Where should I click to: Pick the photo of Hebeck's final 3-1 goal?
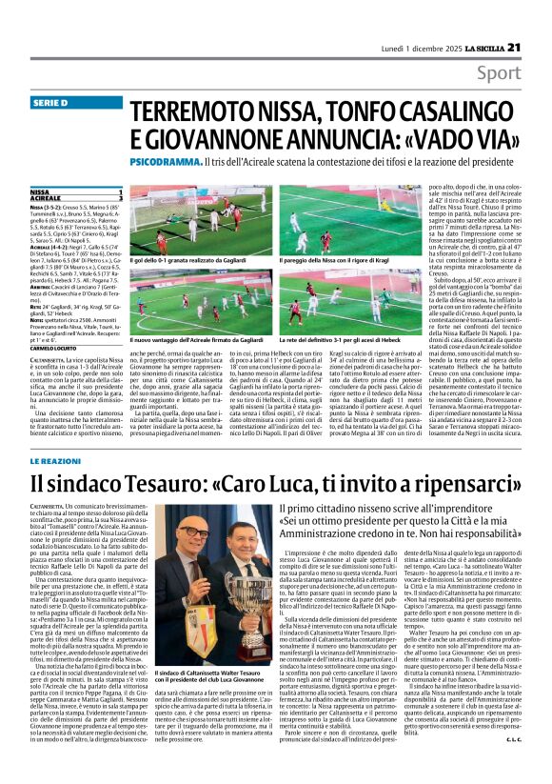pyautogui.click(x=325, y=299)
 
